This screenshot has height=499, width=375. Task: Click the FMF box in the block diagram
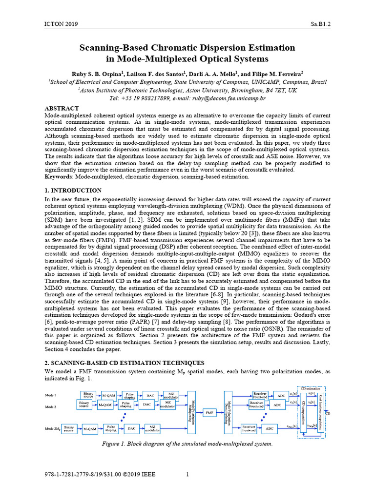pos(209,412)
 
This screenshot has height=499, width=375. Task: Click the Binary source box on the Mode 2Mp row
pos(69,429)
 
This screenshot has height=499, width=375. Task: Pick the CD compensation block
pos(303,412)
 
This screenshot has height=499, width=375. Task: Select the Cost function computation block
pos(320,412)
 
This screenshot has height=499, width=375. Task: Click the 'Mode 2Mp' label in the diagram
pos(53,428)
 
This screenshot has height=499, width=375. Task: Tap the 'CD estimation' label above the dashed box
pos(311,388)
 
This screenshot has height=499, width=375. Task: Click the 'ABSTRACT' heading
pos(62,108)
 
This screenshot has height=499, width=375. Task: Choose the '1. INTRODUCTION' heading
pos(73,191)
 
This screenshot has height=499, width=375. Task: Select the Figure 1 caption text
pos(187,444)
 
